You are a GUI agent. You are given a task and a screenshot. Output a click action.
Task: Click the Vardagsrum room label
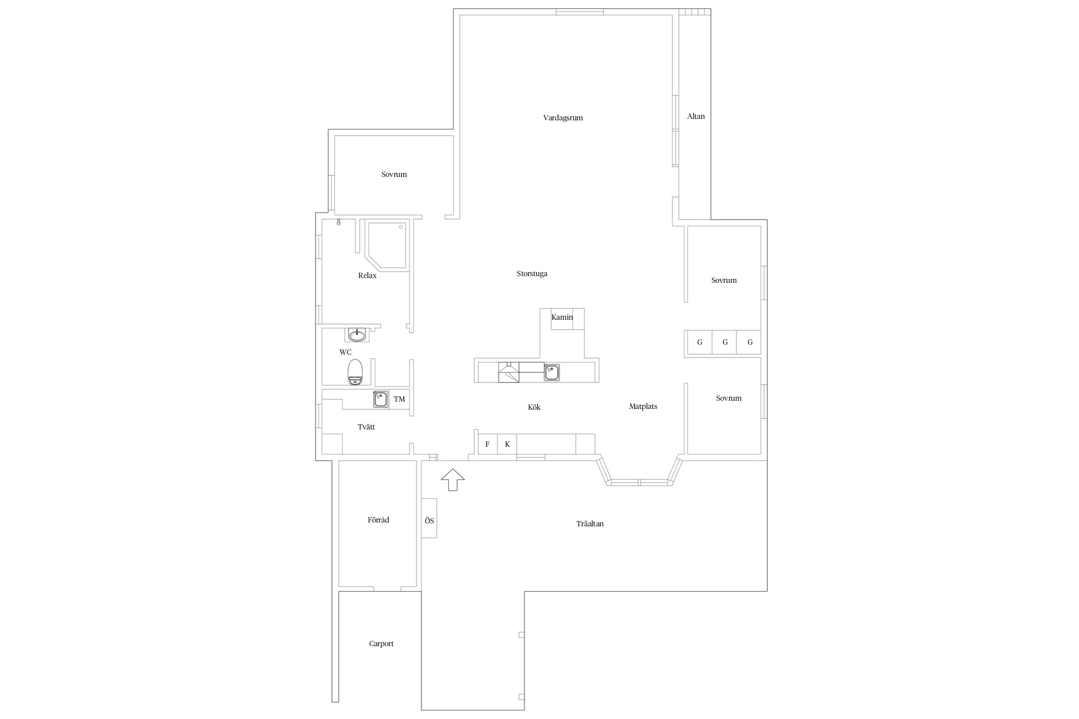(x=563, y=118)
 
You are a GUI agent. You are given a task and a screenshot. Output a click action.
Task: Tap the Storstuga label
(x=532, y=274)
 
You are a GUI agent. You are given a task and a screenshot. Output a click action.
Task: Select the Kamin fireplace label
(x=562, y=317)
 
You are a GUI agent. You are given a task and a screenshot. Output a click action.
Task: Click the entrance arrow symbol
(x=453, y=480)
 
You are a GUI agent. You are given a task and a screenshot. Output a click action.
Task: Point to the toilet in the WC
(x=355, y=371)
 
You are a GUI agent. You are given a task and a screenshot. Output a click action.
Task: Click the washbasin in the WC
(x=357, y=335)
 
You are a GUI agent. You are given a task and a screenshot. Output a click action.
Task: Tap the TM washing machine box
(x=399, y=399)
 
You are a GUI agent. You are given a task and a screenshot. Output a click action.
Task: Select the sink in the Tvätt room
(x=381, y=399)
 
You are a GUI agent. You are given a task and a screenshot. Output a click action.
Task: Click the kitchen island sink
(x=551, y=372)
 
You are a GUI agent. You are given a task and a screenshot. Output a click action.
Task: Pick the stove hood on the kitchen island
(x=509, y=372)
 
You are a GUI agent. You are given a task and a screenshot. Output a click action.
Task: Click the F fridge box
(x=488, y=444)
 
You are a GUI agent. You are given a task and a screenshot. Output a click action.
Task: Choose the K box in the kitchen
(x=507, y=444)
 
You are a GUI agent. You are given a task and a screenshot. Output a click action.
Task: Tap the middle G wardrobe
(x=725, y=342)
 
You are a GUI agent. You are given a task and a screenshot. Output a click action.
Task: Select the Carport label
(x=381, y=644)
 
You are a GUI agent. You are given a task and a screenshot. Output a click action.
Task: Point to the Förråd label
(x=378, y=520)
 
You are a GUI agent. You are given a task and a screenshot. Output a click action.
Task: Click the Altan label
(x=696, y=116)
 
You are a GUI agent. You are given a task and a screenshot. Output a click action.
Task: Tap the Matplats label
(x=643, y=406)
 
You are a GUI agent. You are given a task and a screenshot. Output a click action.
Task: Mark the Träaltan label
(x=590, y=524)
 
